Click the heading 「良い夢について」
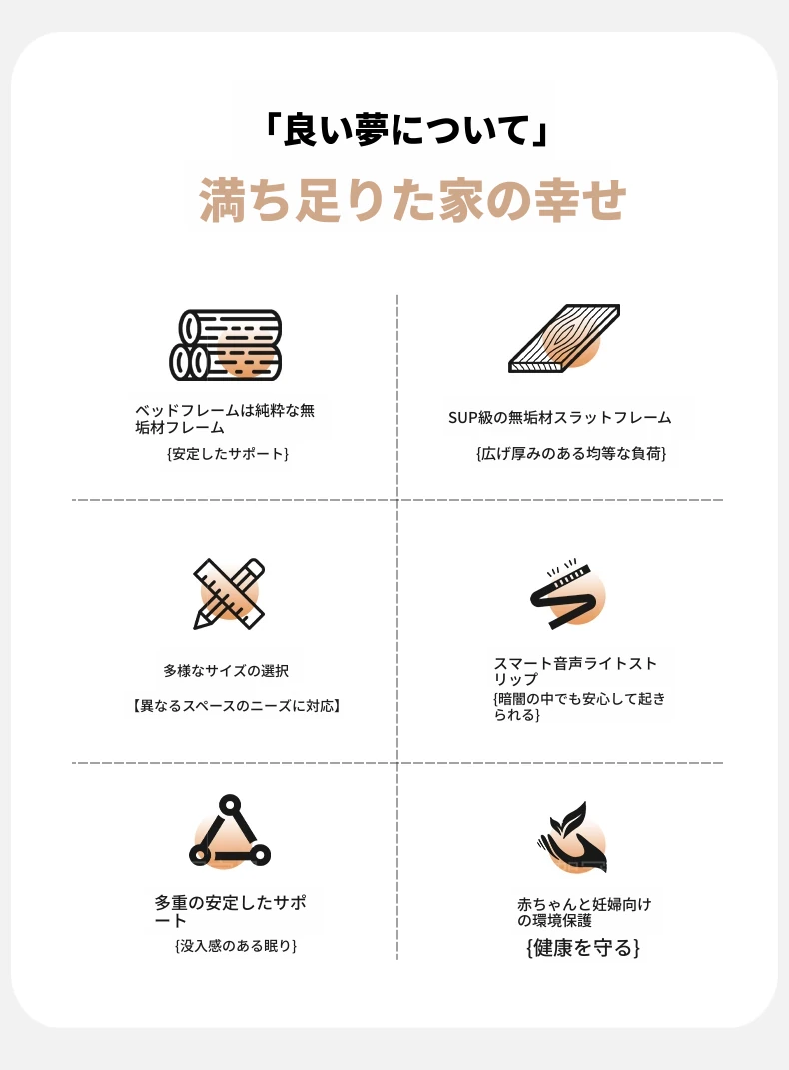click(x=406, y=129)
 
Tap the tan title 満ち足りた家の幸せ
click(x=412, y=199)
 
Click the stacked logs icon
click(x=226, y=345)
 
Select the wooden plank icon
click(x=564, y=338)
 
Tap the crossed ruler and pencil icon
click(x=229, y=594)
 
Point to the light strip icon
click(x=566, y=594)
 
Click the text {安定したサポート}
click(x=228, y=454)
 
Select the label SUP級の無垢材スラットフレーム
click(x=560, y=417)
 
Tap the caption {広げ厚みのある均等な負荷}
click(x=571, y=454)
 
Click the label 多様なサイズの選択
click(x=226, y=671)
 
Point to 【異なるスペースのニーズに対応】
click(x=236, y=706)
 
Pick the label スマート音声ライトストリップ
click(x=575, y=671)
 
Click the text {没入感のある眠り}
click(x=236, y=946)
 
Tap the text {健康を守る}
click(x=583, y=948)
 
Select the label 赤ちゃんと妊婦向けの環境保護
click(x=584, y=912)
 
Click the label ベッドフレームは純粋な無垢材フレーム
click(x=225, y=419)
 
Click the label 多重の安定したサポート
click(x=230, y=912)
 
